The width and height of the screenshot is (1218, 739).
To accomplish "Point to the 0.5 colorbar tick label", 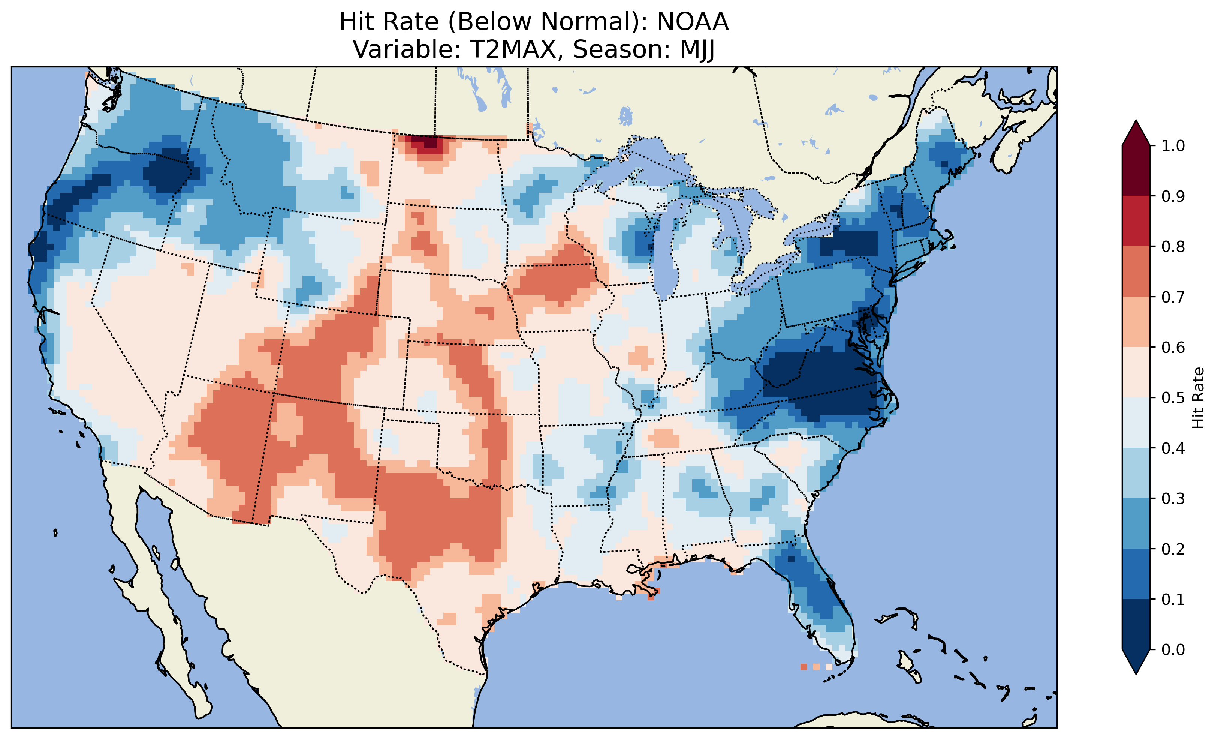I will (x=1173, y=398).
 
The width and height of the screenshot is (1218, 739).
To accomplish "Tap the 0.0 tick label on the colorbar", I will (x=1173, y=649).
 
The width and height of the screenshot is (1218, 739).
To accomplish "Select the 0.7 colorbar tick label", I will (x=1173, y=297).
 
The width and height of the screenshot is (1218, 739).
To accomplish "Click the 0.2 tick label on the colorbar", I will (x=1173, y=549).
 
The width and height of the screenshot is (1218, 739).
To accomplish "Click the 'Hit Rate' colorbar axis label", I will (x=1198, y=398).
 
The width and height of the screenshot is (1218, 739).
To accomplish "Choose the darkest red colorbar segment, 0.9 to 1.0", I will (x=1136, y=171).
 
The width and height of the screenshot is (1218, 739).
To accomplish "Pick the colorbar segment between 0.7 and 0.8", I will (x=1136, y=271).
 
